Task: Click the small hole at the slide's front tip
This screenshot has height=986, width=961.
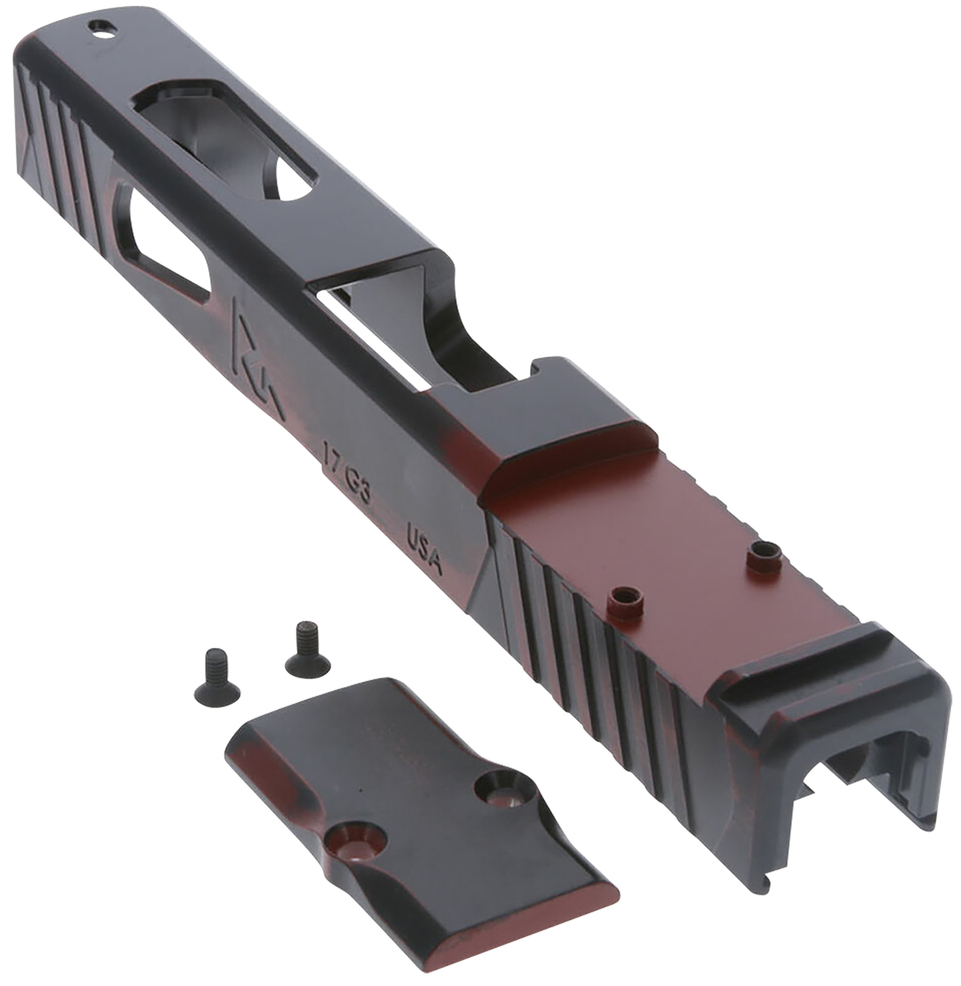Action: click(103, 28)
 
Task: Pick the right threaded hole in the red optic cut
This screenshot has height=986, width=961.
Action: click(764, 555)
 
